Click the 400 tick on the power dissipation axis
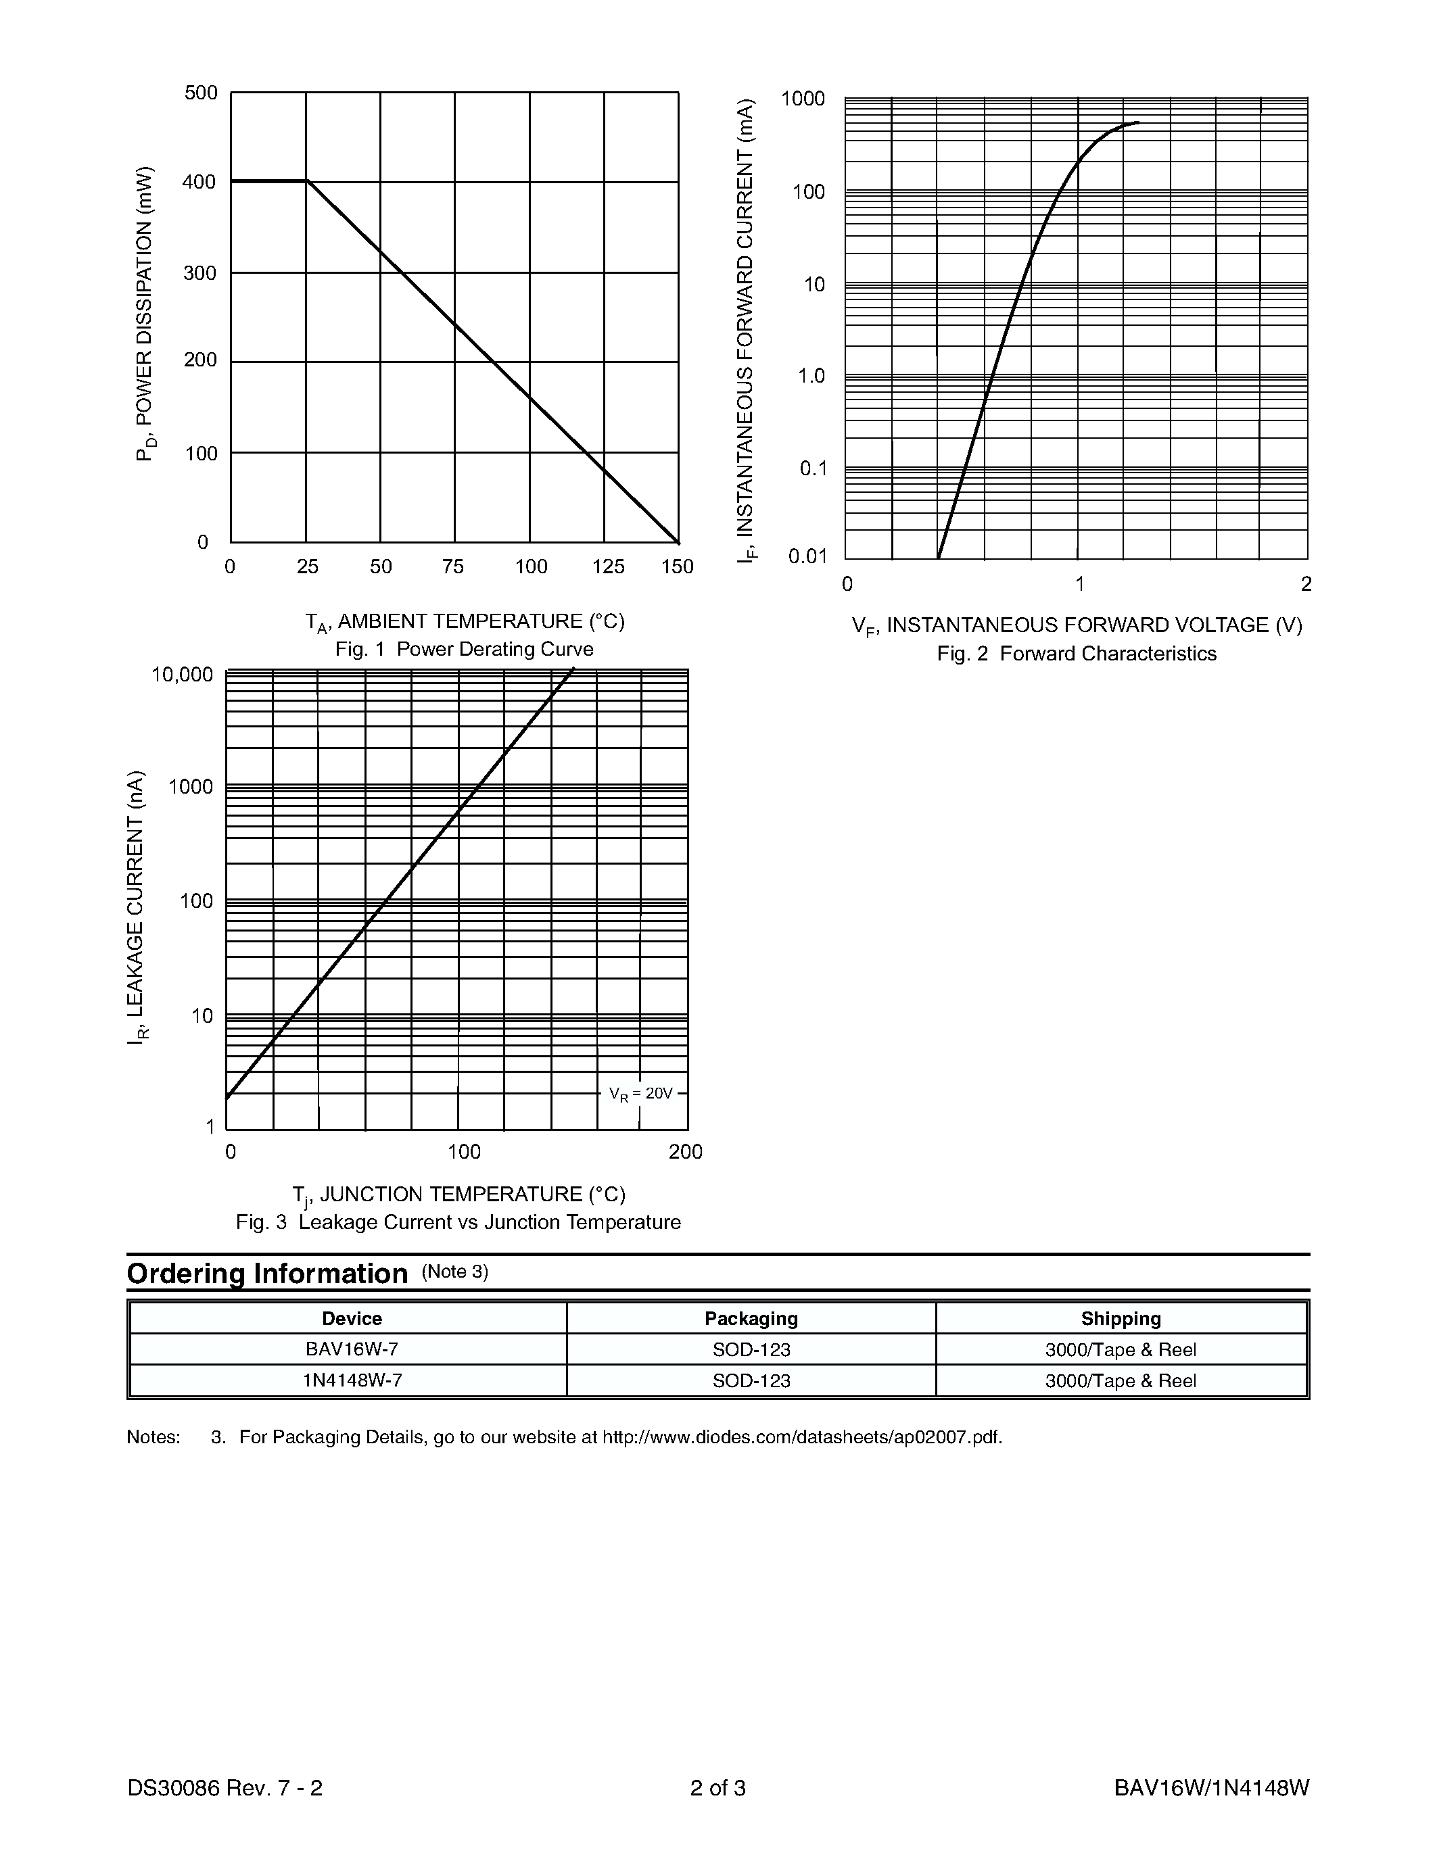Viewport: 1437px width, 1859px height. [199, 182]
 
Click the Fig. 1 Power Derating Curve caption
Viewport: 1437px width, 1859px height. [464, 650]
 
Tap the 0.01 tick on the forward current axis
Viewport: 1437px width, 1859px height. [807, 556]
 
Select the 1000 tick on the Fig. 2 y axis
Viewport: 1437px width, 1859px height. [803, 99]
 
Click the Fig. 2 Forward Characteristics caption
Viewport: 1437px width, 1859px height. [1076, 654]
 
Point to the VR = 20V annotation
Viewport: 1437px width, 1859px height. [640, 1094]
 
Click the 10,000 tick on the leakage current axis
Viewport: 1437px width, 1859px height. [182, 676]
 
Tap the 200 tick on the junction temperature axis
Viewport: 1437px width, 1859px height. [685, 1153]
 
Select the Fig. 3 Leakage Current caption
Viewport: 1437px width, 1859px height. [458, 1222]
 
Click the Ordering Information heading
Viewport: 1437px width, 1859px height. [267, 1274]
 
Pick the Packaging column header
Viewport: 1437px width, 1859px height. [751, 1318]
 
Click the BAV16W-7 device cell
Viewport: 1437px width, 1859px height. [352, 1350]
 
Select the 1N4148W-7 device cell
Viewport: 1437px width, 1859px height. [352, 1380]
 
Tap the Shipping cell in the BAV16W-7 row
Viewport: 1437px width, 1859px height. [1121, 1350]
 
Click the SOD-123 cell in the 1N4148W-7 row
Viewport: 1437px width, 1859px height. [751, 1380]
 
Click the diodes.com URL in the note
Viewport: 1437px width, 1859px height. [801, 1438]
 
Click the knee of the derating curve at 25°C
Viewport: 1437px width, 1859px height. [306, 181]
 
